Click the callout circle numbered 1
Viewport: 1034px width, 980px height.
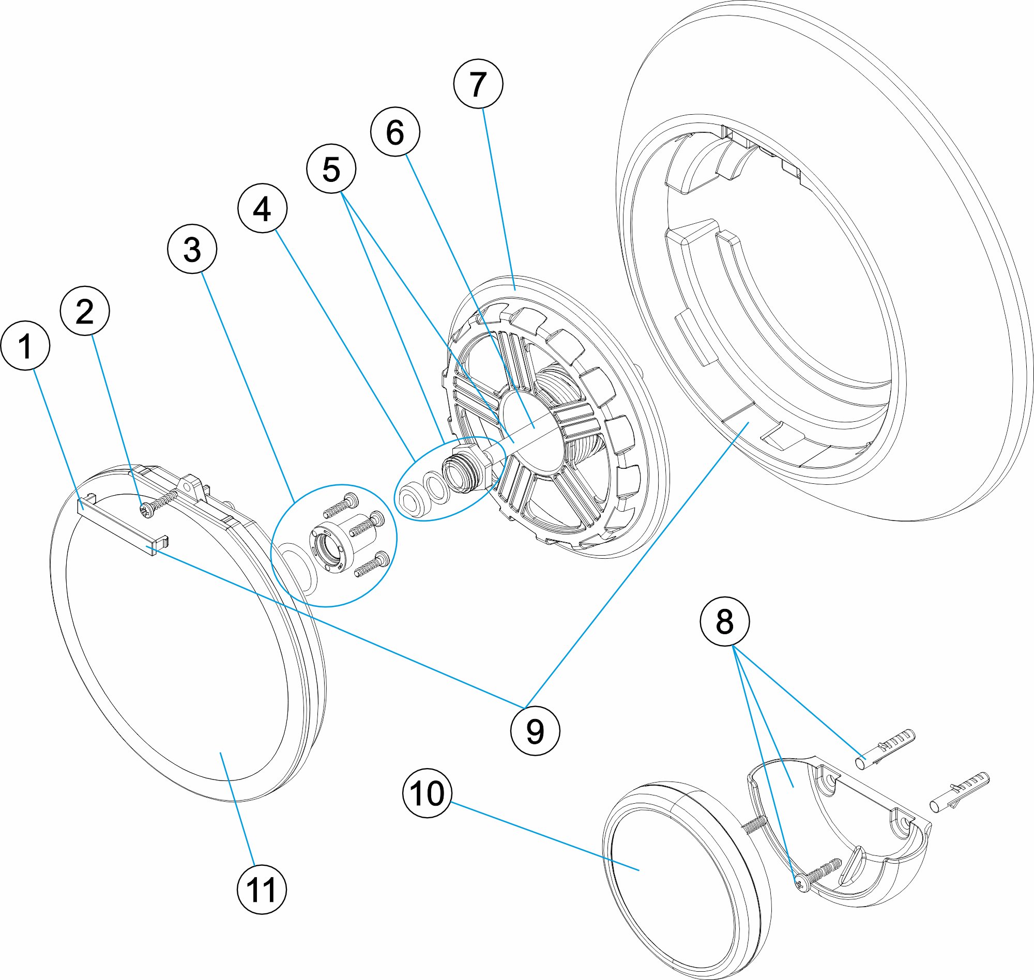[26, 345]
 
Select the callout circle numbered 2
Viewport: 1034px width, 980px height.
[85, 311]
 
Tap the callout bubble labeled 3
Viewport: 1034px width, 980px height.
[192, 249]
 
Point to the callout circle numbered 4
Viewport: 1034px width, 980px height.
[262, 208]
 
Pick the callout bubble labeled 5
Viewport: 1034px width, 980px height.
[331, 169]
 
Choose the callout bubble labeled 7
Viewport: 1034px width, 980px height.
[478, 84]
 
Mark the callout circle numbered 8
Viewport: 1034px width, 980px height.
[725, 621]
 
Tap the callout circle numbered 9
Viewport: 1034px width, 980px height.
[535, 730]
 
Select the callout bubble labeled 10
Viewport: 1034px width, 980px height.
[428, 793]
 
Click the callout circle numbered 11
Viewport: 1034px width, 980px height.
[262, 889]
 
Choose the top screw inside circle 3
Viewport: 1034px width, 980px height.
[340, 506]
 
